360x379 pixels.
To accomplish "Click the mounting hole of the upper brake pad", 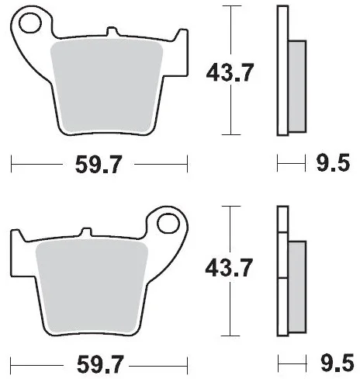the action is tap(30, 23).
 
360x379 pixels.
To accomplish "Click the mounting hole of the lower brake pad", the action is tap(168, 224).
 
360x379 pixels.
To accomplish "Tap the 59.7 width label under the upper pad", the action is tap(99, 165).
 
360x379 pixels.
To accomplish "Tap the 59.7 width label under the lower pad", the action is tap(100, 364).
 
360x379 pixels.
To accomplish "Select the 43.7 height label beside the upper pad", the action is tap(230, 72).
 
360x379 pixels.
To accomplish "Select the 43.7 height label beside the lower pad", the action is tap(229, 267).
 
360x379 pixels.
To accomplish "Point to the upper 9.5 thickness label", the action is tap(333, 163).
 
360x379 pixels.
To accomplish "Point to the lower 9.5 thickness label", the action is tap(337, 363).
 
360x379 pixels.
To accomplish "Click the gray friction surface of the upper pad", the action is tap(106, 86).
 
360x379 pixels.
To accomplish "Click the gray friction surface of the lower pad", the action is tap(92, 287).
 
